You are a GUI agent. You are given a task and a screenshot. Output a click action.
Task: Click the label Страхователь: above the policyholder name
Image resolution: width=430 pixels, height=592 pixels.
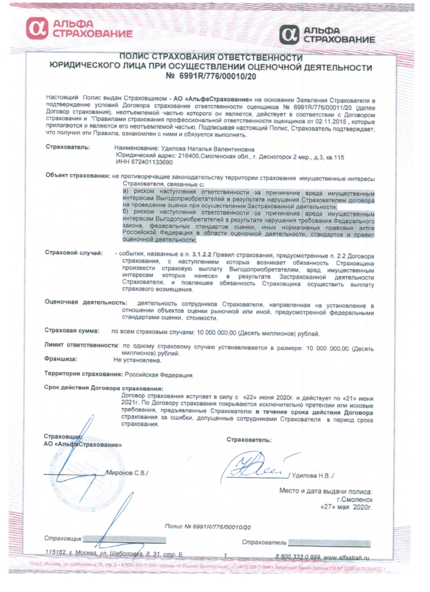click(68, 147)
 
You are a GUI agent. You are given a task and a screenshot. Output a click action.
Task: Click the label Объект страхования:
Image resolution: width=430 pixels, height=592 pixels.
click(78, 175)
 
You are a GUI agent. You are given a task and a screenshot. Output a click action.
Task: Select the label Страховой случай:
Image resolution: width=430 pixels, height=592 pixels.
click(74, 253)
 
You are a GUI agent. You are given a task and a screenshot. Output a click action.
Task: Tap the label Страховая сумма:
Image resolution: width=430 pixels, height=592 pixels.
click(72, 330)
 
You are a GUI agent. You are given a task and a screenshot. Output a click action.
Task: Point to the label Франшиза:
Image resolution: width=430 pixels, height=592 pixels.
click(61, 359)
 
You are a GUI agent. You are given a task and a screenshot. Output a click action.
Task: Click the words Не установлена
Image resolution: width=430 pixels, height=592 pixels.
click(137, 360)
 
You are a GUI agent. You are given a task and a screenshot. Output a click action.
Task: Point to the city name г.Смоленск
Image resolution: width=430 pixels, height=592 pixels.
click(354, 499)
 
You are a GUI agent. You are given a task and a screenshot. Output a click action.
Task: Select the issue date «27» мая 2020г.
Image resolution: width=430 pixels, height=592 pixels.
click(346, 507)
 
